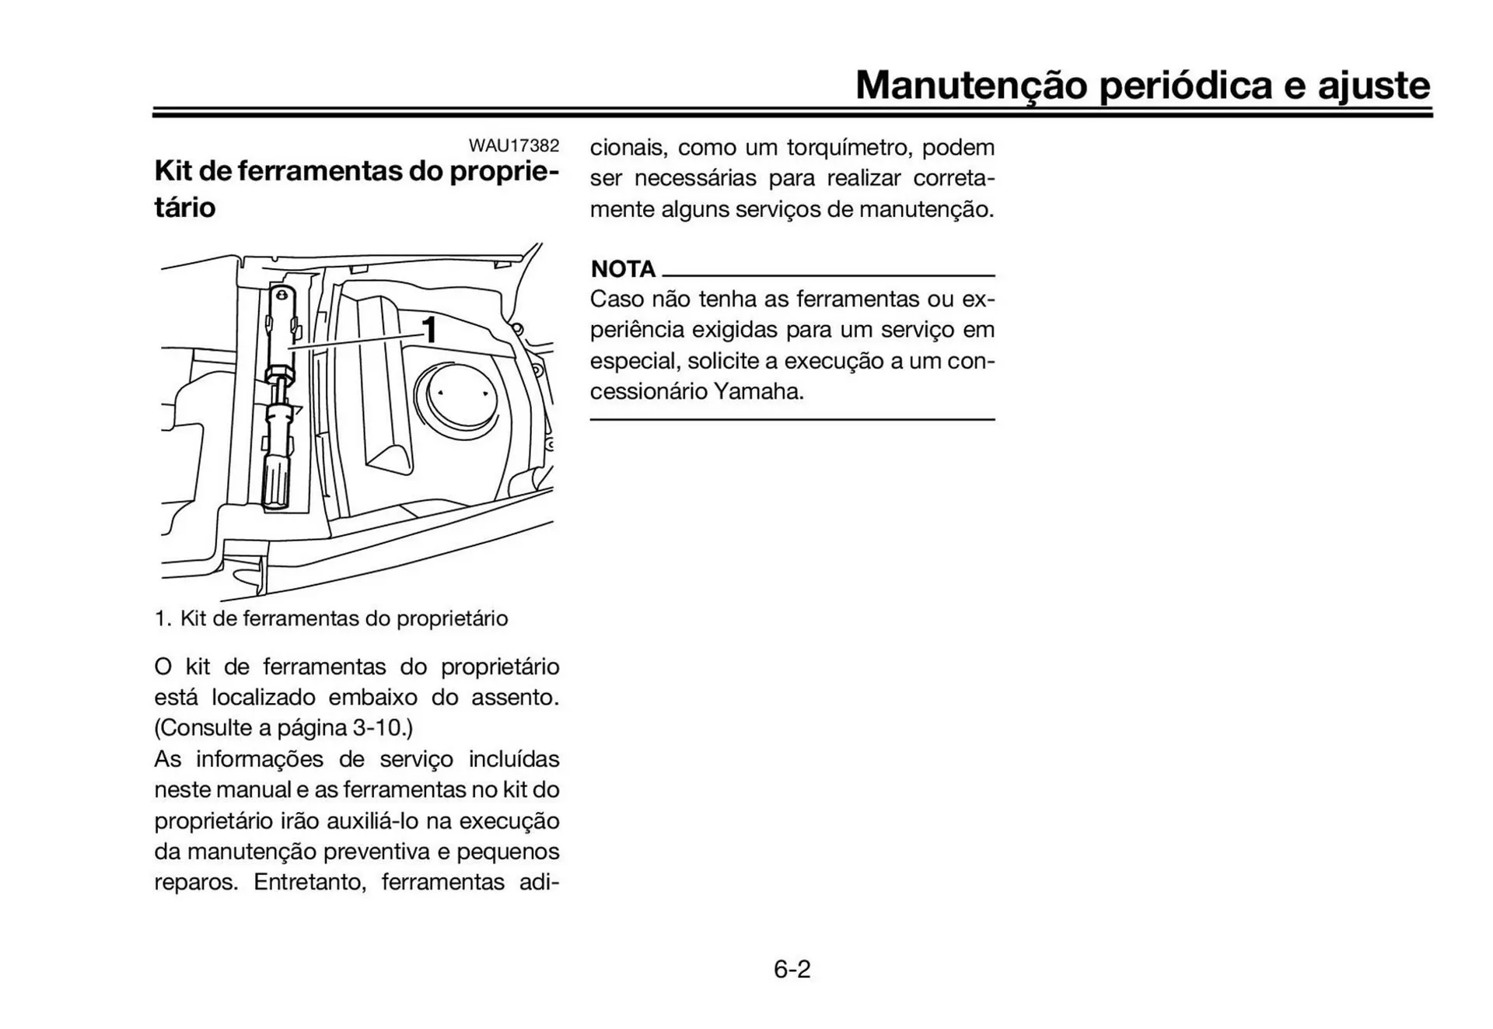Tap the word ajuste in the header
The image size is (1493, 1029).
pos(1373,86)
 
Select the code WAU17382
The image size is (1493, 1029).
pos(513,145)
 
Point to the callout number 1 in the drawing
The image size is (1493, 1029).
pos(429,330)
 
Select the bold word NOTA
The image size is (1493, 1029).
pos(623,269)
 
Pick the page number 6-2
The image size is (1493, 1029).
pos(792,969)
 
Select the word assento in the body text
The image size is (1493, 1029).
pos(514,697)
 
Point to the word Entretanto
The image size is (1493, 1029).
pos(309,882)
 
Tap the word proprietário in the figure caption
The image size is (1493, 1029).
pos(452,619)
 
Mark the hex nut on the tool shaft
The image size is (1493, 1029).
pos(278,376)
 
